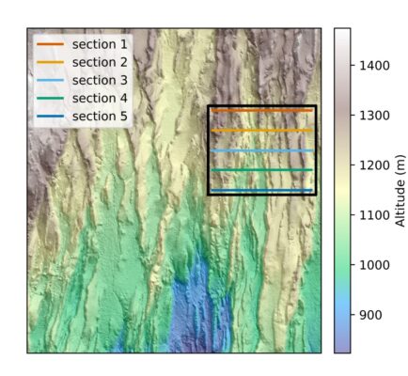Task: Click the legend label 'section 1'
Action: click(x=102, y=44)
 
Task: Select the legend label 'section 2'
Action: click(x=102, y=62)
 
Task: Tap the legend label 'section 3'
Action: click(x=102, y=80)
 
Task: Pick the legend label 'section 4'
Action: click(x=102, y=98)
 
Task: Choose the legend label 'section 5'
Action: click(x=102, y=116)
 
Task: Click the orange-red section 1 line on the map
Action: click(x=261, y=111)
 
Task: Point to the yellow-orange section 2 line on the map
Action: click(x=261, y=131)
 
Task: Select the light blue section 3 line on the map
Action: click(x=261, y=150)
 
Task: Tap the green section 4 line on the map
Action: click(x=261, y=170)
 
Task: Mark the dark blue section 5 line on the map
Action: click(x=261, y=190)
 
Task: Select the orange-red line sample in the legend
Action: click(x=50, y=44)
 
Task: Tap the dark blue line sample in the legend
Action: click(x=50, y=116)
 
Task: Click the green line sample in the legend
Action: click(x=50, y=98)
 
